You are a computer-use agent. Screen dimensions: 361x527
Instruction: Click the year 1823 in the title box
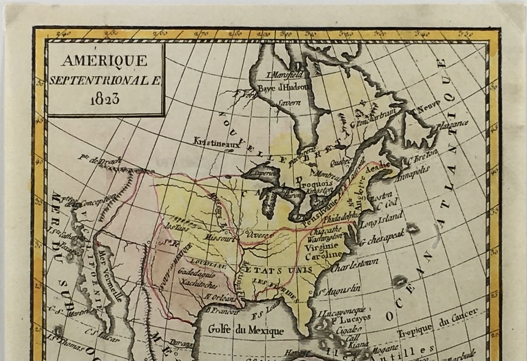105,99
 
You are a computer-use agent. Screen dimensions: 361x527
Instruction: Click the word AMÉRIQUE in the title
105,61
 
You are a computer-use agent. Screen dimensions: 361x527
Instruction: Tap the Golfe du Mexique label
246,330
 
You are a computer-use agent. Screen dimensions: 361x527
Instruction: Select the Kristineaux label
216,142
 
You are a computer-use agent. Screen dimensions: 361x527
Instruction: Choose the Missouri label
219,238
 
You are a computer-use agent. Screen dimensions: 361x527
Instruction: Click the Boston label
380,198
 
